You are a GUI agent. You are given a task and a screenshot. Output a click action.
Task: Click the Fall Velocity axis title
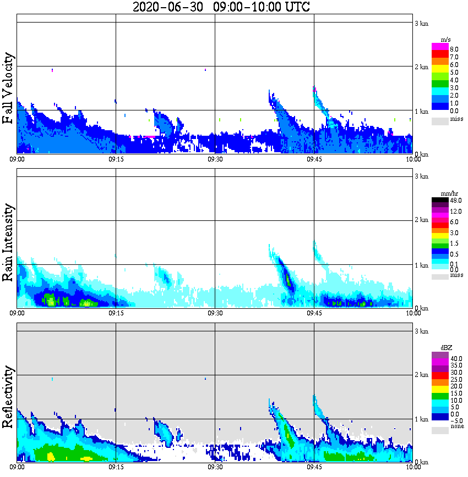[8, 88]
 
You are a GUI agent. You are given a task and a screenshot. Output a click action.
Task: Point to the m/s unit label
[446, 40]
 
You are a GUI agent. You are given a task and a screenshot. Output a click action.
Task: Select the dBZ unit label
[445, 348]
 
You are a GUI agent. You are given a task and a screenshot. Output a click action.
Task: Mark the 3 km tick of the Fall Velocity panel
[421, 23]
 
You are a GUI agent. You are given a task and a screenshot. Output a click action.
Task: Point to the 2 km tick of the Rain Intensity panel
[421, 220]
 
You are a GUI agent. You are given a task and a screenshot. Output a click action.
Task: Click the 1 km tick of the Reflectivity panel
[421, 419]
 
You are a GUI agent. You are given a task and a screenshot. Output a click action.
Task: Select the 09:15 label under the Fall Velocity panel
[116, 159]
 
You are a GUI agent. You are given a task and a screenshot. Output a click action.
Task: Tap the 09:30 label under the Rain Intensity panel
[215, 313]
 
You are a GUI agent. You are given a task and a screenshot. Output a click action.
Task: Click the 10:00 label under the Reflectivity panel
[413, 468]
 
